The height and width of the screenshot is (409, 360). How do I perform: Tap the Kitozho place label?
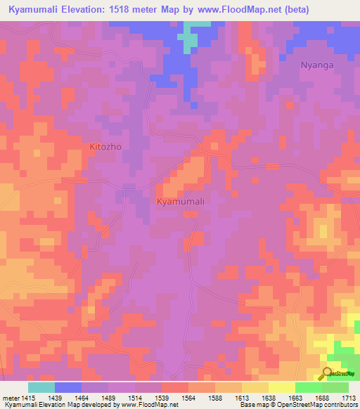click(x=105, y=148)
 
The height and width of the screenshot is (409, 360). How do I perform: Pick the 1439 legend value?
click(x=69, y=398)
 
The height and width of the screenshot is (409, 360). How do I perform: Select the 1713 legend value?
click(x=349, y=398)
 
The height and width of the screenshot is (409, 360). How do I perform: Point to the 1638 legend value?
click(x=269, y=398)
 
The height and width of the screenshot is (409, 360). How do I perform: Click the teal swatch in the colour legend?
click(x=41, y=387)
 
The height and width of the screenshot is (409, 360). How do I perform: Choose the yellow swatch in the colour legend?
click(x=282, y=387)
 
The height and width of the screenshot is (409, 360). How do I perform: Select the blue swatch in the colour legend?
click(x=68, y=387)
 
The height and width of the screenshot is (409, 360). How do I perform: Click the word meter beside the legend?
click(x=11, y=398)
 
